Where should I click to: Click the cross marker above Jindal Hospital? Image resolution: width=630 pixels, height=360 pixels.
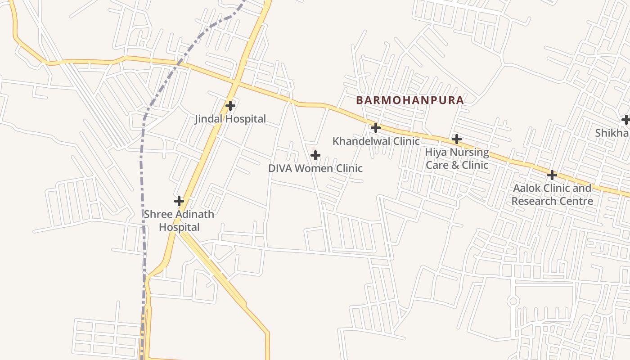coord(230,106)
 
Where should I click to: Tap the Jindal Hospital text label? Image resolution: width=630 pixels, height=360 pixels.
coord(230,119)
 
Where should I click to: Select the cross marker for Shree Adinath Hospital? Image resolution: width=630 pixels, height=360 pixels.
coord(179,201)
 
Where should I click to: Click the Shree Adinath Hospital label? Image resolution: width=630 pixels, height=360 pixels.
coord(179,220)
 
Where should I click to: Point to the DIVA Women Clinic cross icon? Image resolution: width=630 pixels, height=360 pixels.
coord(315,156)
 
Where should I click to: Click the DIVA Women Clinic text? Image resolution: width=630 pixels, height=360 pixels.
coord(315,168)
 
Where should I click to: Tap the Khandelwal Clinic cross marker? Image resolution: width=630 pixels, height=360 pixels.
coord(376,128)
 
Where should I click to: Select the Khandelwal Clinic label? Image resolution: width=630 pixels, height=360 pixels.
coord(376,141)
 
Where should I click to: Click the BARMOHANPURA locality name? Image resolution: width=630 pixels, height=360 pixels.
coord(409,100)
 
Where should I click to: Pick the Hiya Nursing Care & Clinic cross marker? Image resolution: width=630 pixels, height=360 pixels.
coord(457,139)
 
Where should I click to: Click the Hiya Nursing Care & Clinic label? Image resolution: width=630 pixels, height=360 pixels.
coord(457,158)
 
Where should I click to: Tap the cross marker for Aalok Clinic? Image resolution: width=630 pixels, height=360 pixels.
coord(552,175)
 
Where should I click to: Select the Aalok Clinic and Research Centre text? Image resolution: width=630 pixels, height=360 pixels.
coord(552,194)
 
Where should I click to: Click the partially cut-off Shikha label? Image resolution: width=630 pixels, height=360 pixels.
coord(612,133)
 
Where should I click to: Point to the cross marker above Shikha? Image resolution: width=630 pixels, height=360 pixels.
coord(625,120)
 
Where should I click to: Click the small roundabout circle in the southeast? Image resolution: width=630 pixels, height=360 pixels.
coord(513,301)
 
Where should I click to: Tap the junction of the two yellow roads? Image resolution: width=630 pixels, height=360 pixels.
coord(235,84)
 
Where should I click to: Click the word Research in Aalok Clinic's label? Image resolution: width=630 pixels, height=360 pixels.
coord(532,201)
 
